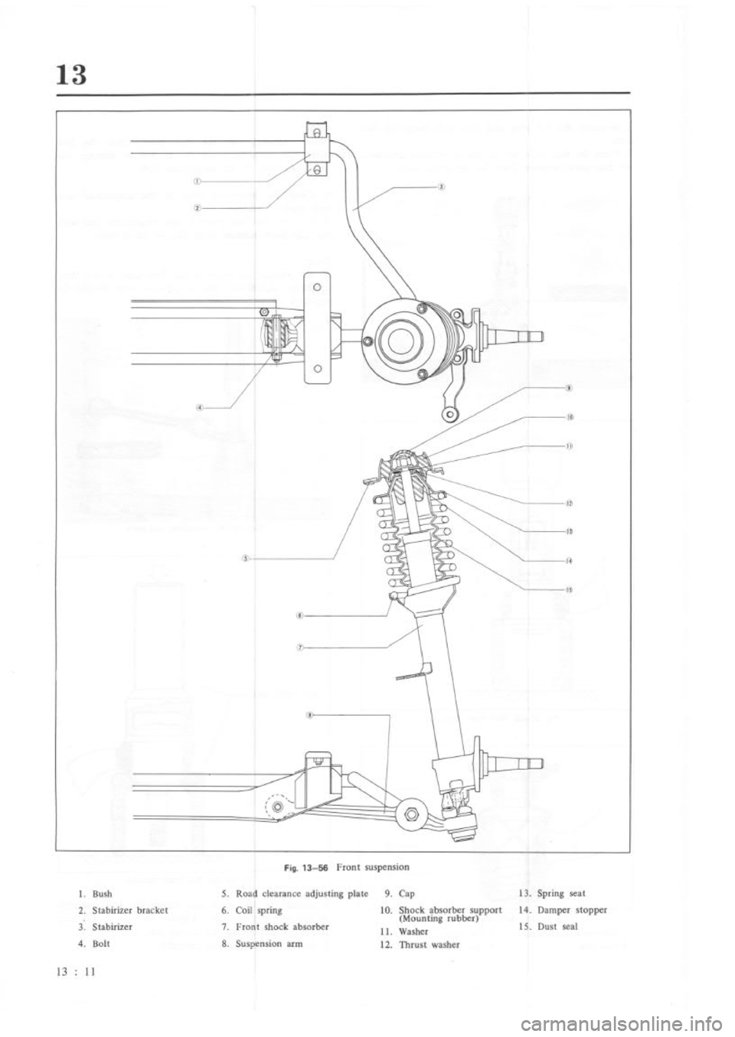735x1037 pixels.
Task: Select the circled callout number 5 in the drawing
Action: tap(243, 558)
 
